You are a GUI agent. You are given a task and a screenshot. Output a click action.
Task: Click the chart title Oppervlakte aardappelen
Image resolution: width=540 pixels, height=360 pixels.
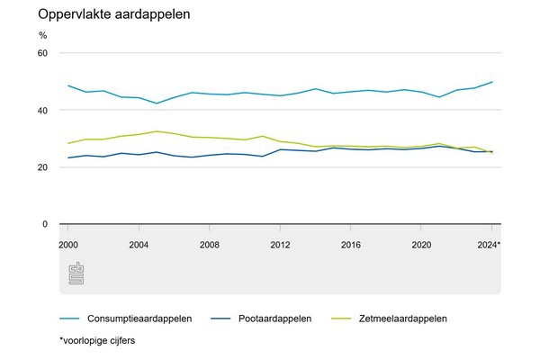(x=101, y=16)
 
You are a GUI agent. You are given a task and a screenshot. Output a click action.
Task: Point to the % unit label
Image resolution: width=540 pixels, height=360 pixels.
(x=42, y=36)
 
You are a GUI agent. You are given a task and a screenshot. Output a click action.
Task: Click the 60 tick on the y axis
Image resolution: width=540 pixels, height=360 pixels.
(x=41, y=53)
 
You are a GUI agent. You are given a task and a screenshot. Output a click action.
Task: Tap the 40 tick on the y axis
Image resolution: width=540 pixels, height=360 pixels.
(x=41, y=110)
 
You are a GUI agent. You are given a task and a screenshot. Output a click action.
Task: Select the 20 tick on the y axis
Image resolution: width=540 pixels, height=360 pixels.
(x=41, y=167)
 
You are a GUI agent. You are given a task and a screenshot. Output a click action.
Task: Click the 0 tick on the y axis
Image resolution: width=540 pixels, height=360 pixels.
(x=44, y=224)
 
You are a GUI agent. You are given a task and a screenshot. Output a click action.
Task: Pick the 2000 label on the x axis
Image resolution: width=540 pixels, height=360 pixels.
(x=68, y=244)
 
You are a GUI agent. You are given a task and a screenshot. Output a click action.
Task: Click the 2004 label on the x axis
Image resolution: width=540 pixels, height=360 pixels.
(x=139, y=244)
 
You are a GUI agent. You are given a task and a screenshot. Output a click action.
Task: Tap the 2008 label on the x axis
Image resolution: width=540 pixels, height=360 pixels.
(x=209, y=244)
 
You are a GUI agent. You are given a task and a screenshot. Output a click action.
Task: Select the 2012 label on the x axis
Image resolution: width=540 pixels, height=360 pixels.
(x=280, y=244)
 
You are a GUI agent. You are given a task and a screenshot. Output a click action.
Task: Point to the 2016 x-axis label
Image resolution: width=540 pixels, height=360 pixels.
(x=350, y=244)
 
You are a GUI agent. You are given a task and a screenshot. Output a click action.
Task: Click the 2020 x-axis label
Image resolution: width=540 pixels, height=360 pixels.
(x=420, y=244)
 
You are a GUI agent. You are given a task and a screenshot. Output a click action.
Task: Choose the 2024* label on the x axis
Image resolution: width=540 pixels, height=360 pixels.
(x=490, y=244)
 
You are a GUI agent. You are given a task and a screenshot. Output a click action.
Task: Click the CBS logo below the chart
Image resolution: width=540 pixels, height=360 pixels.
(x=76, y=274)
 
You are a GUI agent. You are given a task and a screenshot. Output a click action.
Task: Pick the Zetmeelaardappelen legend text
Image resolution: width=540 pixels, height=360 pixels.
(x=402, y=318)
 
